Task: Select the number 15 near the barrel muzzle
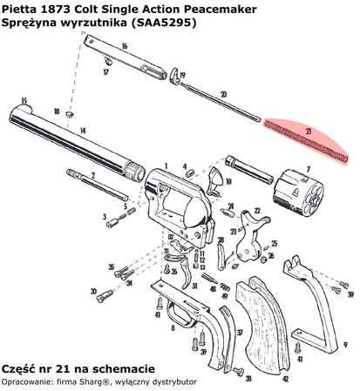tap(24, 100)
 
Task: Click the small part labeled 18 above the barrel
tap(71, 114)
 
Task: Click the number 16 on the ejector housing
tap(125, 45)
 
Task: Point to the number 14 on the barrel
tap(82, 131)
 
